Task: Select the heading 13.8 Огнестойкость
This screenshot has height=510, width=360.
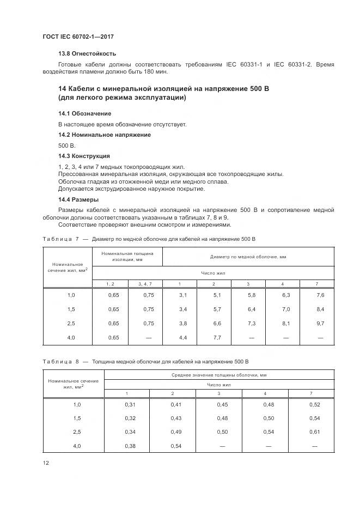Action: click(87, 54)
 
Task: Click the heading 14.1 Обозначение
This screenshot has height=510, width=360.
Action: click(85, 113)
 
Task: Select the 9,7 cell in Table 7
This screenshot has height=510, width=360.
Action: click(320, 323)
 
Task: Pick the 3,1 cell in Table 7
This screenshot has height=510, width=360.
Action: click(183, 295)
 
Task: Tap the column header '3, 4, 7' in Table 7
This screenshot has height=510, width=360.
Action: click(145, 284)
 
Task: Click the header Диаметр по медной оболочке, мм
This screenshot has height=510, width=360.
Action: click(248, 256)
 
